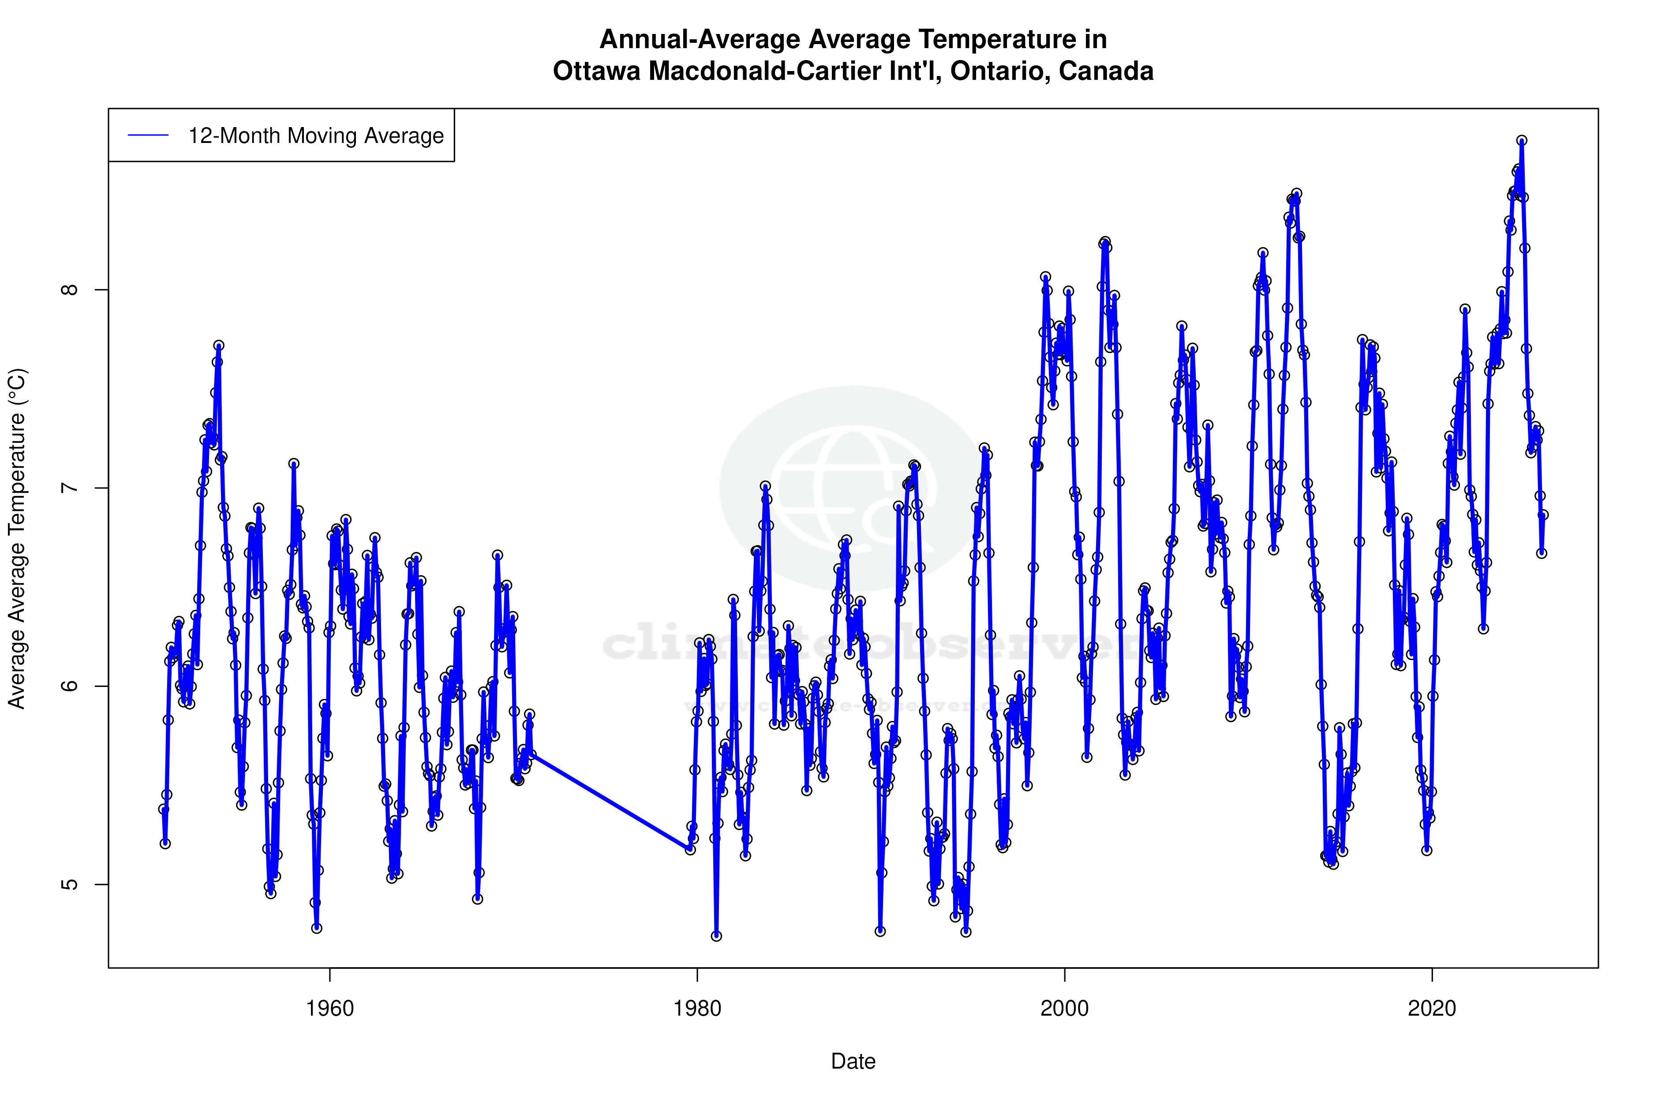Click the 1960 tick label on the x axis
pos(330,1009)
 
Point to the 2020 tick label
pos(1431,1009)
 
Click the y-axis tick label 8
pos(70,290)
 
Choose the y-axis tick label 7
pos(70,488)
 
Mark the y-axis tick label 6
pos(70,686)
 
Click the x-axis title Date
pos(853,1062)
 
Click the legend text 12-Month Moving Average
pos(316,136)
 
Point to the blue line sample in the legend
pos(148,136)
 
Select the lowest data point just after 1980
pos(716,936)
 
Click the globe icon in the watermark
pos(853,488)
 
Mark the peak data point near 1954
pos(219,345)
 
